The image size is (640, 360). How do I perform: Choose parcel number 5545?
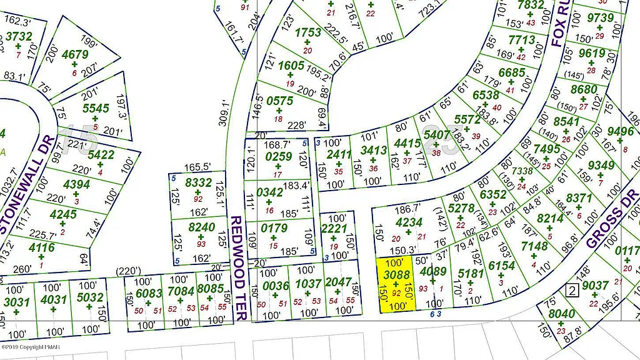click(96, 108)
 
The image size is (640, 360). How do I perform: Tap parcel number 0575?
click(279, 101)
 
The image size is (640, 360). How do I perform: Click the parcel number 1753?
click(308, 32)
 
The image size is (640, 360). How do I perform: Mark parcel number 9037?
click(595, 286)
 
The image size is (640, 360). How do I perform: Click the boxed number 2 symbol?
click(570, 290)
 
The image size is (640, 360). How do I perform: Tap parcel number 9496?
click(621, 131)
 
